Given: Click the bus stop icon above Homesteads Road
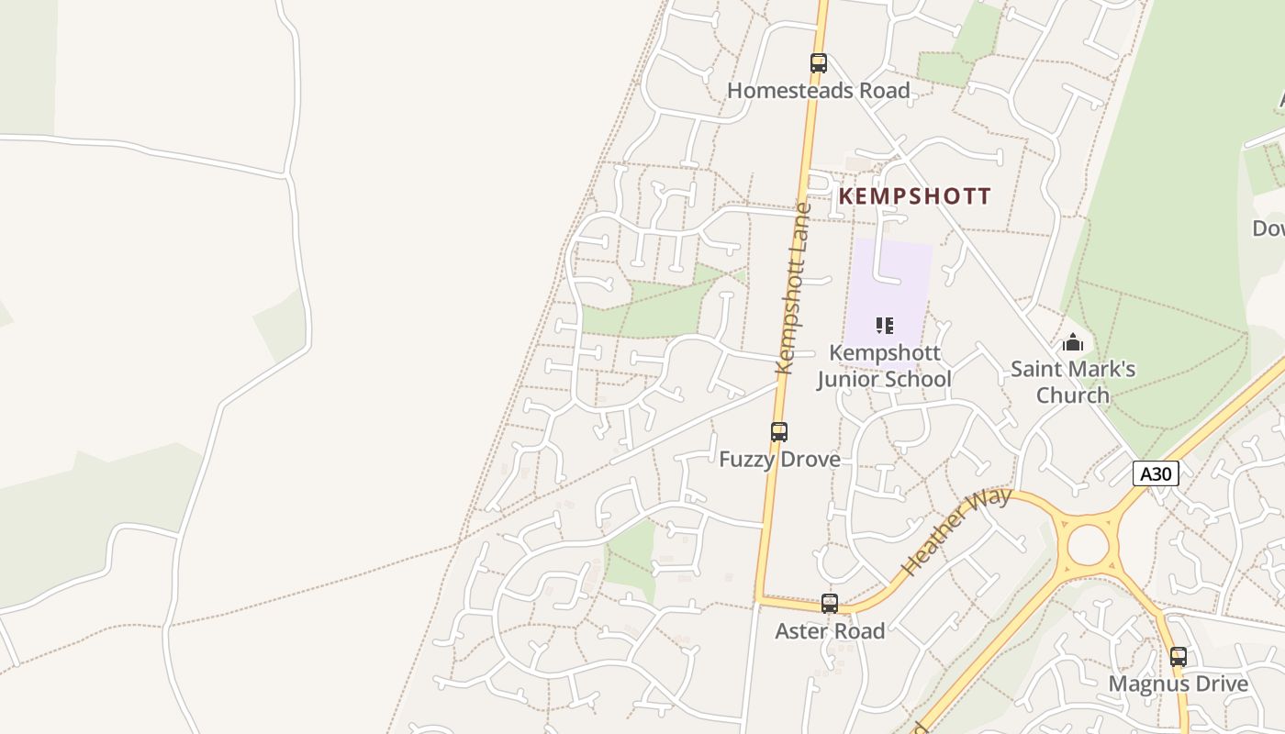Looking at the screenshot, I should coord(819,62).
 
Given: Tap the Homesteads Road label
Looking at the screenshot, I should coord(819,91).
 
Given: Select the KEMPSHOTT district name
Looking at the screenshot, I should coord(915,196).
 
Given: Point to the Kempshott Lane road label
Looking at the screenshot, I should coord(794,289).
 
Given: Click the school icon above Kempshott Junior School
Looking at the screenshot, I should coord(885,325).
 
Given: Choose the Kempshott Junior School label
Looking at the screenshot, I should coord(885,366).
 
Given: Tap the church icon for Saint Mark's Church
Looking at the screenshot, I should coord(1072,343).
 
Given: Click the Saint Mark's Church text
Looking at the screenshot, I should coord(1073,383).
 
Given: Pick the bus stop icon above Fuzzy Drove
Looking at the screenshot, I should coord(779,431).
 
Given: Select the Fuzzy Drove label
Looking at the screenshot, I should coord(779,459).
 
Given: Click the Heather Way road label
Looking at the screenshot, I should coord(955,531).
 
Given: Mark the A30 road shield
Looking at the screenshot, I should coord(1156,473).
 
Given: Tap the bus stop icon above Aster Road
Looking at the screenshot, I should coord(830,603).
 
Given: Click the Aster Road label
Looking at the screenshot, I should coord(830,631).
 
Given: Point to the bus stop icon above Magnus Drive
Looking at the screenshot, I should coord(1179,657).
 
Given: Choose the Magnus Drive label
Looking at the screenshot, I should coord(1179,684).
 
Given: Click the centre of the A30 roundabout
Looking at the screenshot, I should coord(1088,546).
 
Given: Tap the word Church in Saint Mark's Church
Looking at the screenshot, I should coord(1073,395).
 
